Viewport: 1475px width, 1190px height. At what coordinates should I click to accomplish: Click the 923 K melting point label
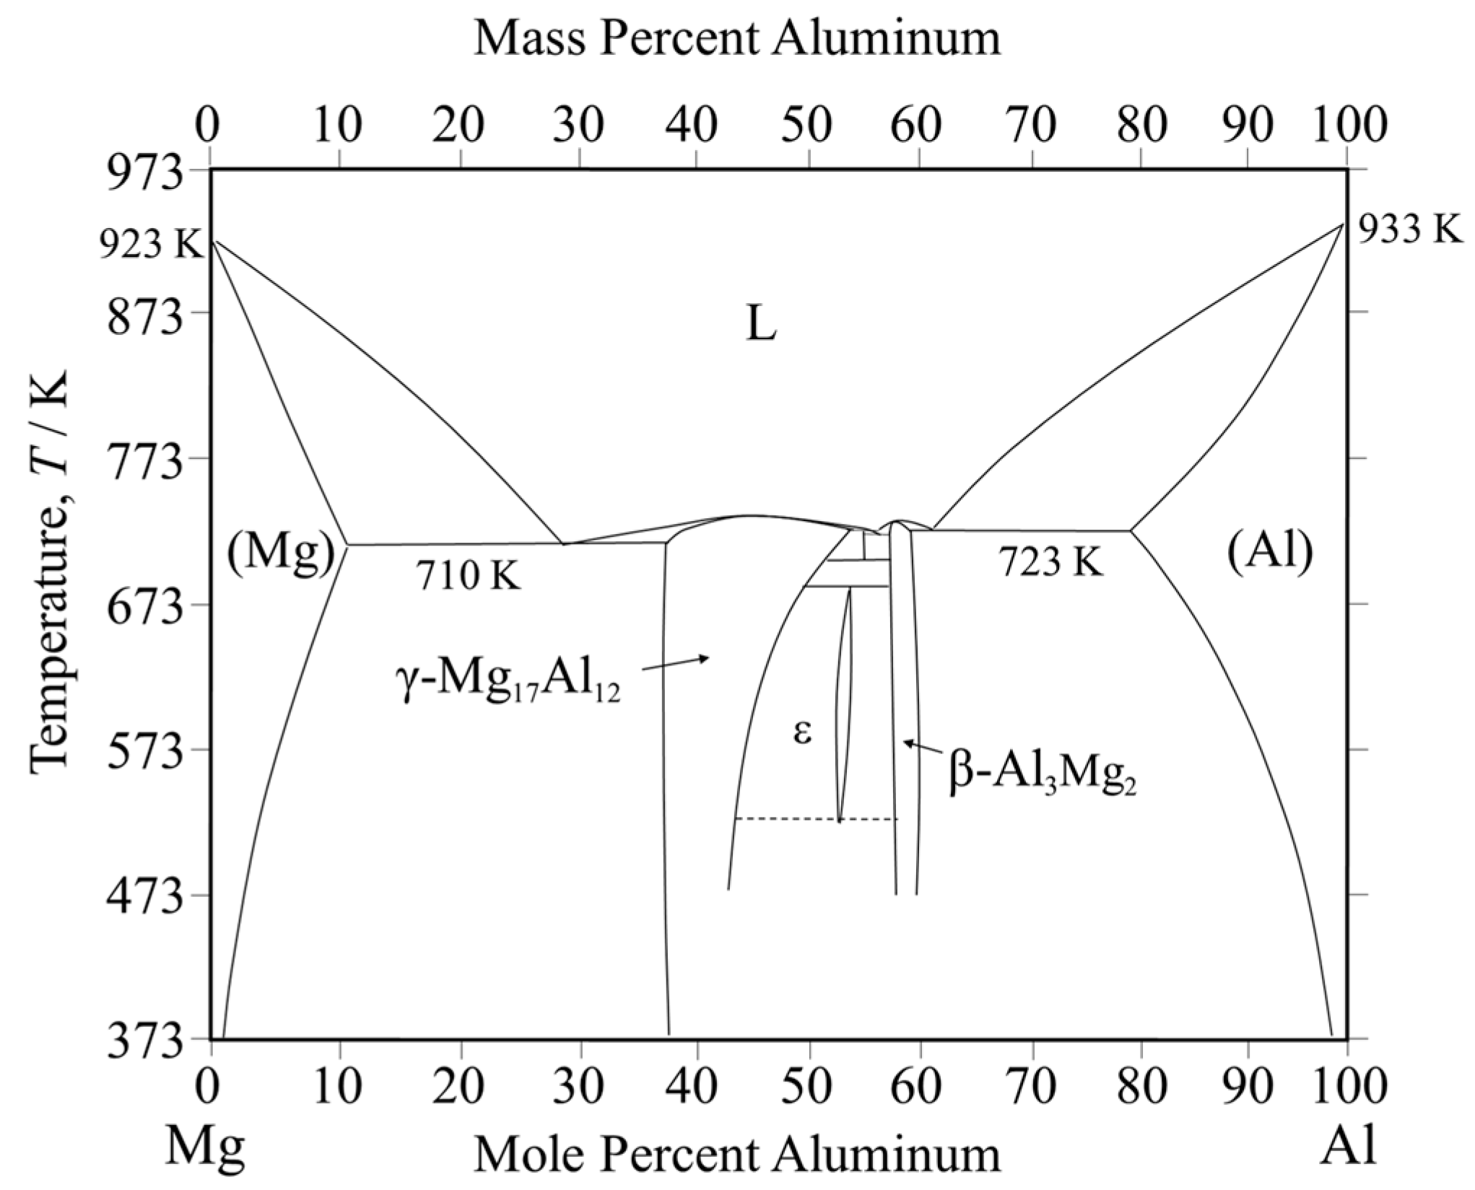point(152,245)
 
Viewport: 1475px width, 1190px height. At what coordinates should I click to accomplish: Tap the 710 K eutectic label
point(468,576)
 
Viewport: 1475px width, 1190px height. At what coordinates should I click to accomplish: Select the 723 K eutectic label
point(1051,561)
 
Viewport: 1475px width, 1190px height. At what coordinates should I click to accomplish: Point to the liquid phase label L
point(761,326)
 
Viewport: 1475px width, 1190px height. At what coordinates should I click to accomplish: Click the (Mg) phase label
point(282,554)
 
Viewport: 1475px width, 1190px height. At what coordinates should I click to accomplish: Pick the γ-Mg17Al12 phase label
point(508,683)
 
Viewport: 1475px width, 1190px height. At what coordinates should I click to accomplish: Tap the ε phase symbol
point(802,732)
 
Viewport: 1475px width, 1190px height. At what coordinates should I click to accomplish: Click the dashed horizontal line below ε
point(816,818)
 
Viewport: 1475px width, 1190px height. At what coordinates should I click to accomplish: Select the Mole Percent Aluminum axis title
point(737,1153)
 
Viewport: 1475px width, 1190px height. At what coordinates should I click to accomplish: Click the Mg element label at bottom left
point(205,1147)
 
